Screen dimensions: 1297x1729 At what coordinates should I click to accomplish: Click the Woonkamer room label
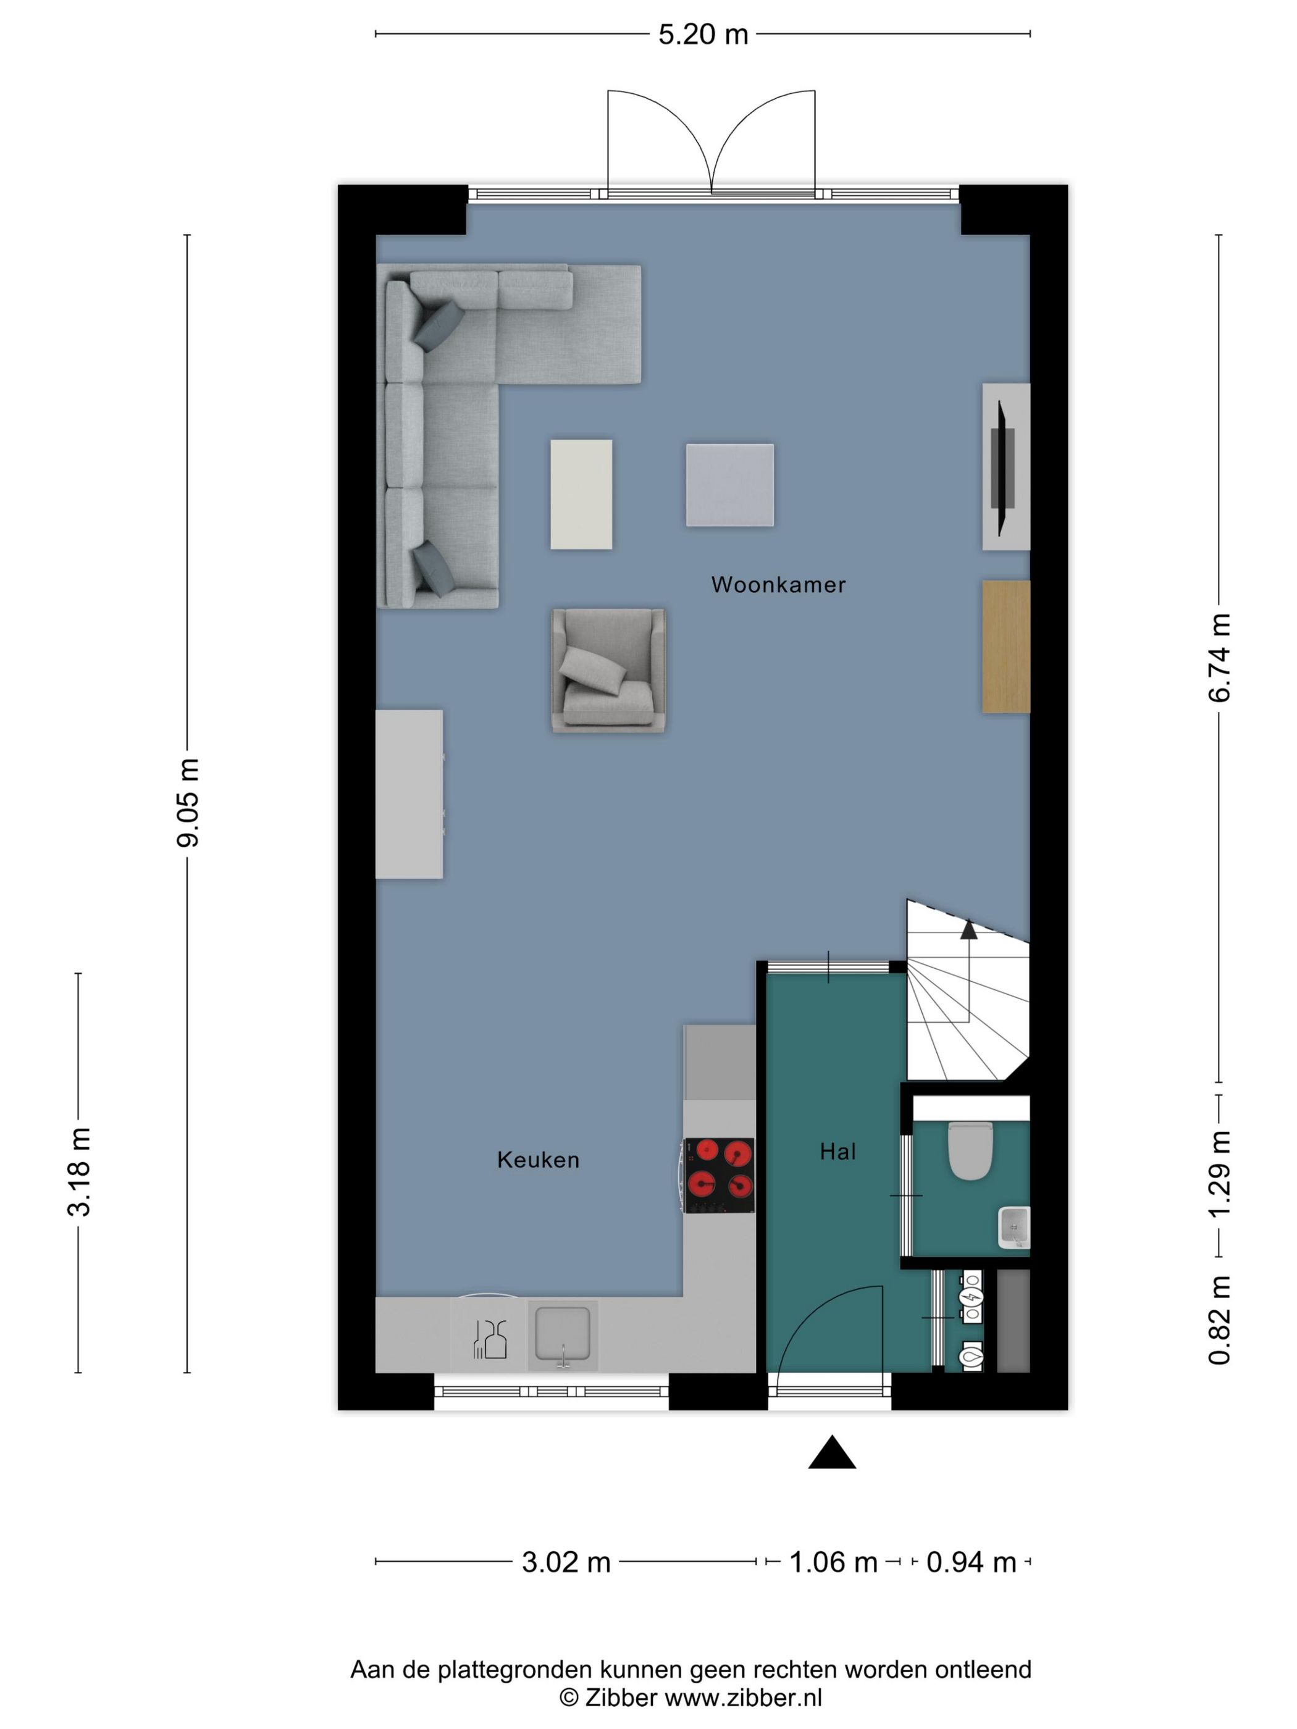778,585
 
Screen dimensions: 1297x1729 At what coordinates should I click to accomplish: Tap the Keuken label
538,1160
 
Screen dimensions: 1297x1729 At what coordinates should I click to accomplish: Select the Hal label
837,1152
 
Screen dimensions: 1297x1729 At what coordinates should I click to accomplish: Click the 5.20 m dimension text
703,35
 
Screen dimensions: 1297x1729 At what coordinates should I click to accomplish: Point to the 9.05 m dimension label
188,802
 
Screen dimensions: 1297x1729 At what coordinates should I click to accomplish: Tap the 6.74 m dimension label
1220,658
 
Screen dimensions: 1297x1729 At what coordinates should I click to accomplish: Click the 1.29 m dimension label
1220,1173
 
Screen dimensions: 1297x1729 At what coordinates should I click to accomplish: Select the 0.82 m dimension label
1220,1320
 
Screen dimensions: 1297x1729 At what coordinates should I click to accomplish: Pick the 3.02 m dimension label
566,1562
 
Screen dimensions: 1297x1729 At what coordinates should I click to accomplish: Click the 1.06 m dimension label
833,1562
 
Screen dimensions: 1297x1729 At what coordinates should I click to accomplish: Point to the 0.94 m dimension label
971,1562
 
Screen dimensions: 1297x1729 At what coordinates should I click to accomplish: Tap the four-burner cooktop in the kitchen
720,1176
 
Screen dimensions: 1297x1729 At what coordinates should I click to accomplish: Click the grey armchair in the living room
608,671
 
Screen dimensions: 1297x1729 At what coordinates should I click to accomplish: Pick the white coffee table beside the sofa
581,494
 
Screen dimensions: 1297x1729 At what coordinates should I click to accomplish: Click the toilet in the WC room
970,1150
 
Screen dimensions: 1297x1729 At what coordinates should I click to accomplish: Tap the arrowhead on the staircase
968,929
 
